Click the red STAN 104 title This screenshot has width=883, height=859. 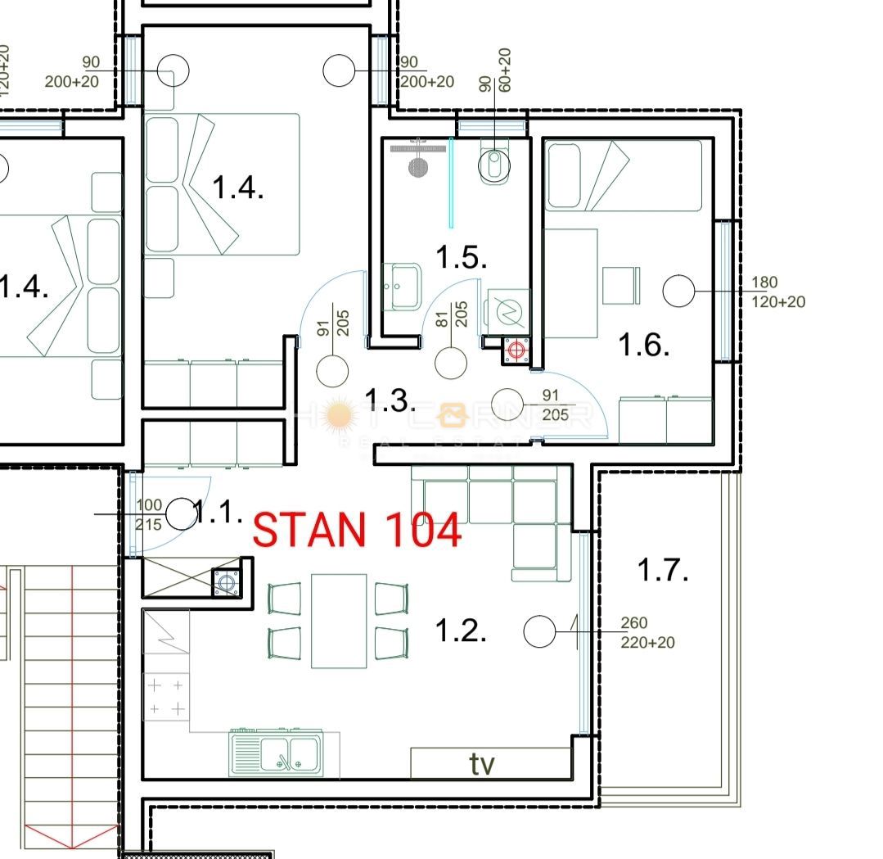(x=357, y=530)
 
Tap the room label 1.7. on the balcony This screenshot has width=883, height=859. (x=662, y=569)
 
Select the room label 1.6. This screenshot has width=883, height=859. (x=643, y=345)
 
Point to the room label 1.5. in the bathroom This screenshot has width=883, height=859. (x=461, y=257)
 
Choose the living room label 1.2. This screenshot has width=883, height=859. (x=460, y=631)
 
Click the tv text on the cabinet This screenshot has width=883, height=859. (x=482, y=764)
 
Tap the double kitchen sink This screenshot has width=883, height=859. (x=276, y=751)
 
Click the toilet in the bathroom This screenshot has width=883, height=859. (x=494, y=165)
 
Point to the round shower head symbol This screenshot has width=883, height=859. (x=417, y=167)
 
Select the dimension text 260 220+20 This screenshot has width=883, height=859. (x=648, y=633)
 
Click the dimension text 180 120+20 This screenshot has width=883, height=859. (x=777, y=292)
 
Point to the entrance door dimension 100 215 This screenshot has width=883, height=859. (x=148, y=516)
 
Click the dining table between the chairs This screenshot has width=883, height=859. (x=339, y=621)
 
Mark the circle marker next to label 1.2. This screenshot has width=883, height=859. (x=539, y=631)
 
